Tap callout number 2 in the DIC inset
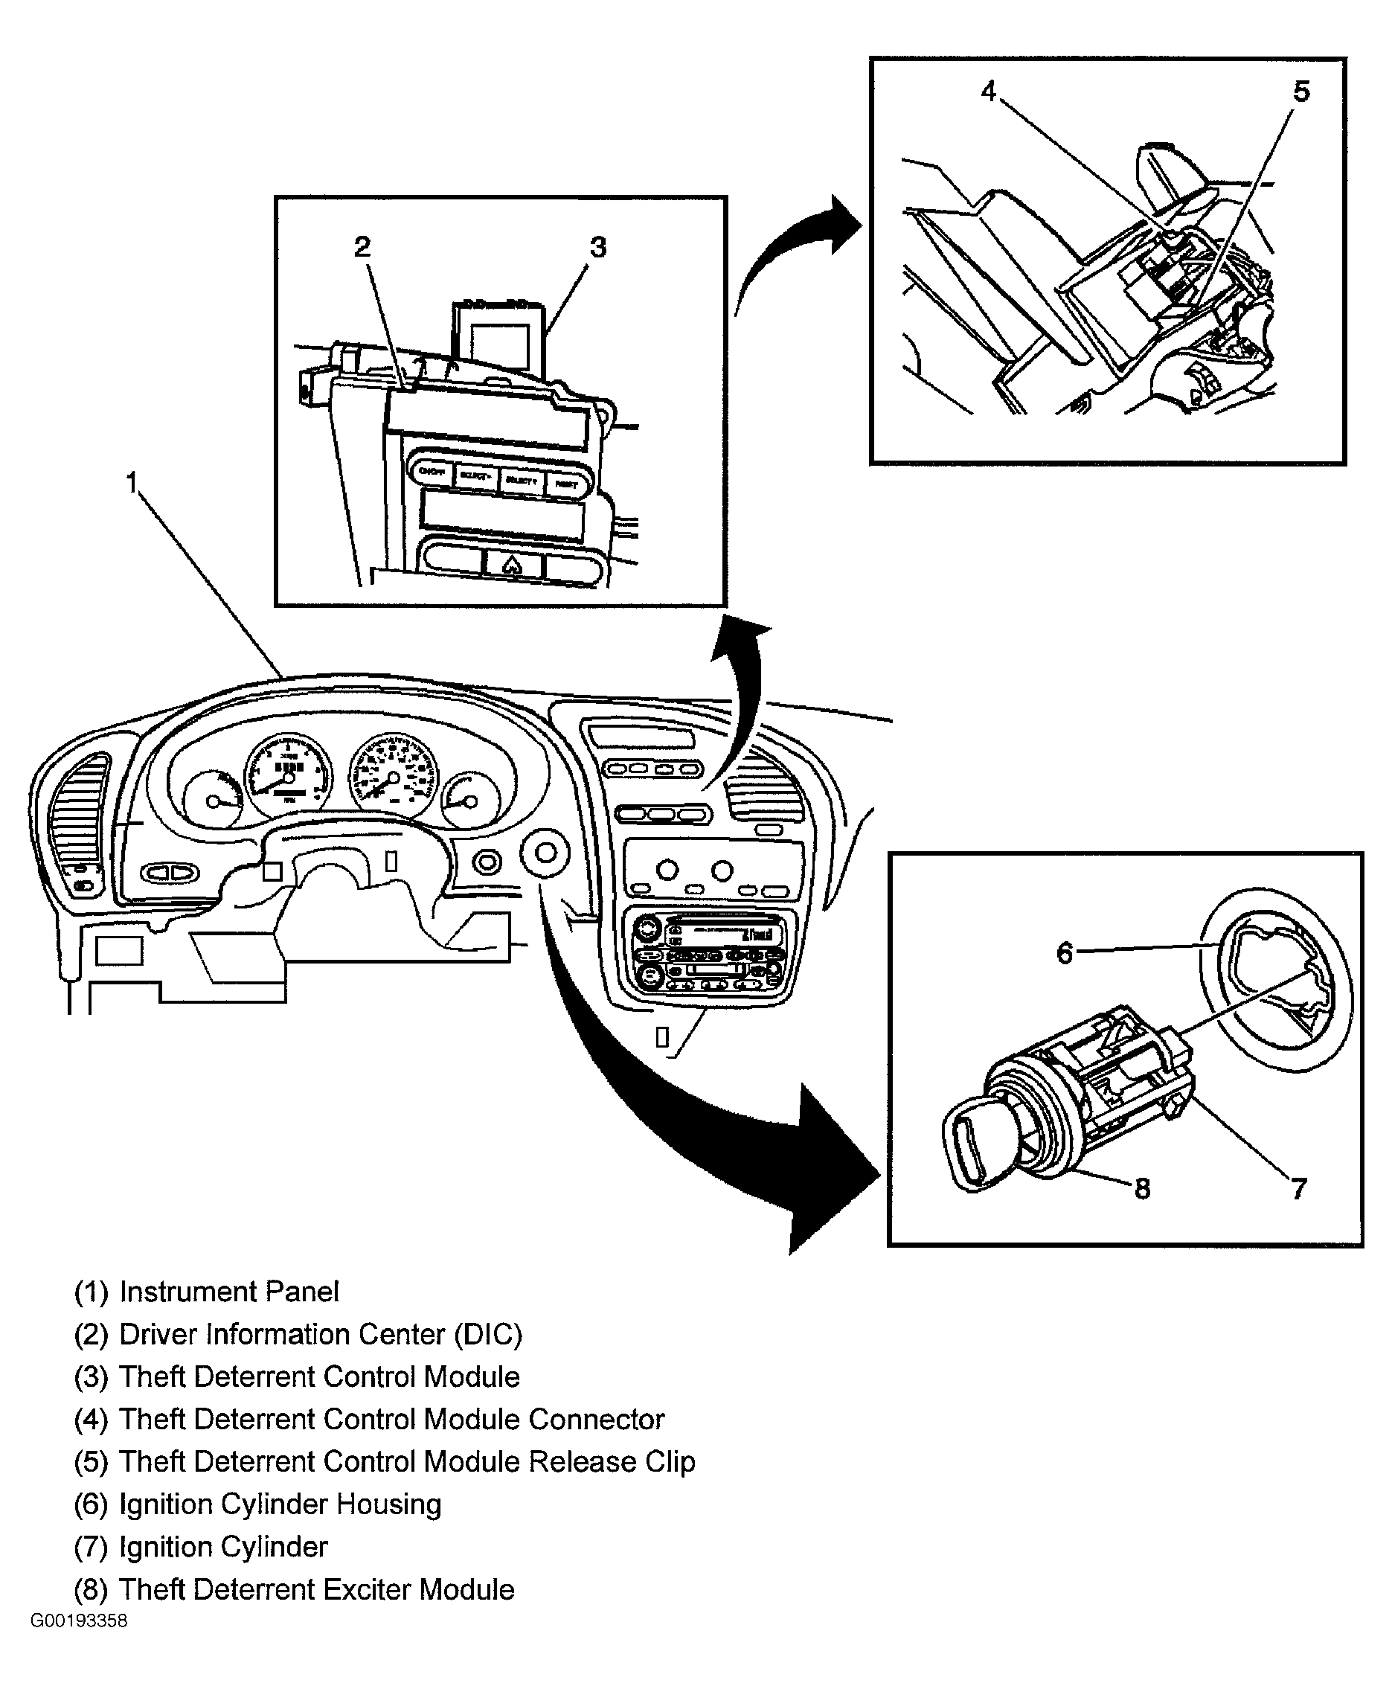click(362, 247)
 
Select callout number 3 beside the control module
click(598, 247)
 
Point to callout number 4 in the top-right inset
click(989, 92)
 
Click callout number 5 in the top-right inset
click(1301, 92)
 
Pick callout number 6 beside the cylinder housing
click(1064, 953)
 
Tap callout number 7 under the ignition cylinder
click(1299, 1187)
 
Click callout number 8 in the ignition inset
click(1143, 1188)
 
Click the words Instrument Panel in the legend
click(229, 1292)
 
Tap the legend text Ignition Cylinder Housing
click(280, 1504)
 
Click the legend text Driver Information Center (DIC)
click(321, 1334)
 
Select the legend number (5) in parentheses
click(91, 1462)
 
